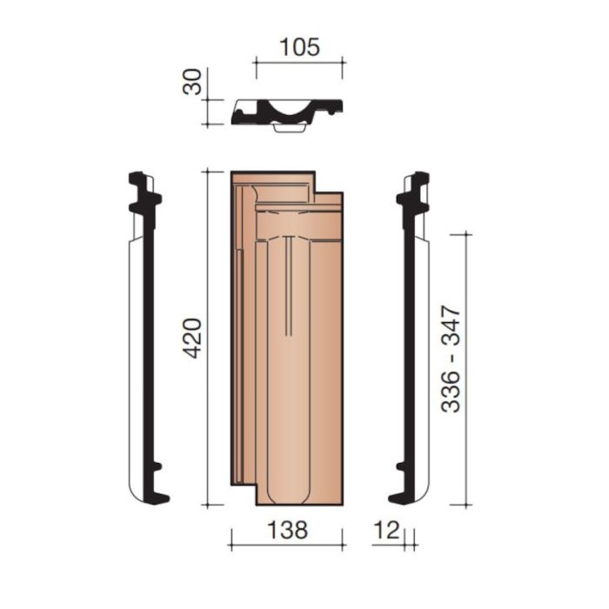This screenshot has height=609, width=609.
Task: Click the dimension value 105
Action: coord(298,46)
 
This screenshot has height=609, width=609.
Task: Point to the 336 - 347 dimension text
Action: coord(451,358)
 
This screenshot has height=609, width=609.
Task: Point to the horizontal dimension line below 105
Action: coord(298,63)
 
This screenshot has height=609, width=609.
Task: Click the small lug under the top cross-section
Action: coord(289,129)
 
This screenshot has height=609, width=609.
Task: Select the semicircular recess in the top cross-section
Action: coord(289,110)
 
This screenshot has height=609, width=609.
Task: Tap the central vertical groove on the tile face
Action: coord(288,287)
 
